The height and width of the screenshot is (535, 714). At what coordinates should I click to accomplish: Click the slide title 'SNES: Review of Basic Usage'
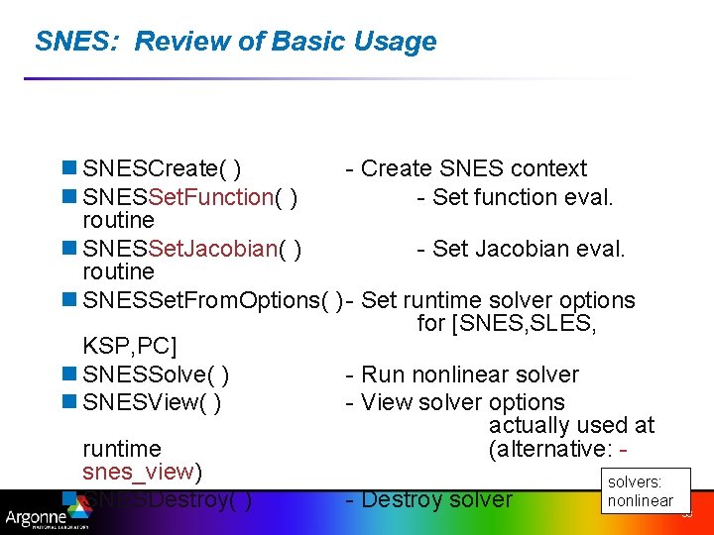click(x=235, y=42)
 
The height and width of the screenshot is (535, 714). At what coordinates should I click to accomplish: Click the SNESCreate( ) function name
click(x=165, y=169)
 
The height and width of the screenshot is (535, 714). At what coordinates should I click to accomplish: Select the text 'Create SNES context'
click(x=473, y=169)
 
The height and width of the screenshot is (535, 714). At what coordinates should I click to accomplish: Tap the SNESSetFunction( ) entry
click(x=192, y=197)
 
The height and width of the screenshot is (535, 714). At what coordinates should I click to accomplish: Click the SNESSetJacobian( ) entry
click(x=192, y=249)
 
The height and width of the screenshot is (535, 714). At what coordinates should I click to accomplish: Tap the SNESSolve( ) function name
click(x=157, y=375)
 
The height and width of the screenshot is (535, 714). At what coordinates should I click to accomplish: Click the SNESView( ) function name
click(x=152, y=403)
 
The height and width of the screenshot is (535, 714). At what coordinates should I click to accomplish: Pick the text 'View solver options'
click(x=462, y=403)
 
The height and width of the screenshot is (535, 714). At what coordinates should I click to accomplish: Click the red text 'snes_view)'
click(x=143, y=471)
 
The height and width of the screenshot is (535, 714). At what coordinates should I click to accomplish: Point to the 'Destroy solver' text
click(x=436, y=500)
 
